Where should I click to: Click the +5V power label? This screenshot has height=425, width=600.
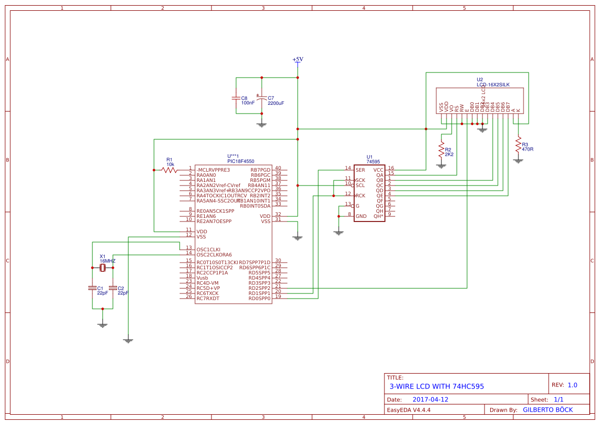pos(298,59)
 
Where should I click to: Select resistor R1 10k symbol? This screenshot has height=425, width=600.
pos(169,170)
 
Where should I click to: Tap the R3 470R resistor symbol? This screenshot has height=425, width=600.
pos(518,144)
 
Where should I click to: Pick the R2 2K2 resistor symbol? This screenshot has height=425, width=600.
pos(441,150)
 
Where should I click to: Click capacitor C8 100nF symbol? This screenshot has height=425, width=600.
pos(236,98)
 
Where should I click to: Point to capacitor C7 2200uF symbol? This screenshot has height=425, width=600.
pos(262,98)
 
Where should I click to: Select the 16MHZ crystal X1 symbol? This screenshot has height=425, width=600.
pos(103,268)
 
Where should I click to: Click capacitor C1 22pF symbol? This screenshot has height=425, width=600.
pos(92,288)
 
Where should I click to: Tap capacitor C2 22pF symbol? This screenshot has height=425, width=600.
pos(113,288)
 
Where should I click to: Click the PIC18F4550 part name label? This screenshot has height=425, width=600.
pos(241,161)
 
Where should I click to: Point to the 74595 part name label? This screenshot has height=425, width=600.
pos(373,162)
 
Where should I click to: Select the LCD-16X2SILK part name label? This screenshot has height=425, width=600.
pos(493,85)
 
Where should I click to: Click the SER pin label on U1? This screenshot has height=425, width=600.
pos(360,170)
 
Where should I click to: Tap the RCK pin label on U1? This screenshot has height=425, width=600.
pos(360,195)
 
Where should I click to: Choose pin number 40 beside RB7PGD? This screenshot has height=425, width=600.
pos(278,168)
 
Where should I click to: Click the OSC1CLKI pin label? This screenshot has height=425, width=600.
pos(208,249)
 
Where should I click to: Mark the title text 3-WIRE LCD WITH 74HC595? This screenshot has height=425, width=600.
pos(437,386)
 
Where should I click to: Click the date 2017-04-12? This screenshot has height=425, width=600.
pos(430,399)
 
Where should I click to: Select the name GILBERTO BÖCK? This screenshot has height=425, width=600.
pos(548,410)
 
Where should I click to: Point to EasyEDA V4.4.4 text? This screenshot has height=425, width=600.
pos(409,410)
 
